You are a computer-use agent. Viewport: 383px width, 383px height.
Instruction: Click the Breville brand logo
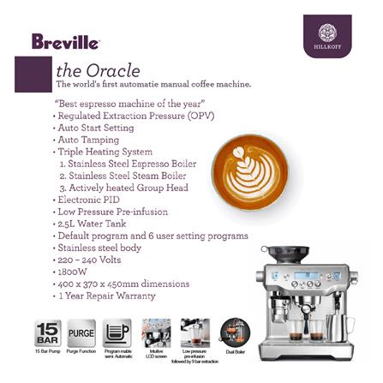tap(65, 40)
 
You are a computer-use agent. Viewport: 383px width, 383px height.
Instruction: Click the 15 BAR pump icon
tap(48, 330)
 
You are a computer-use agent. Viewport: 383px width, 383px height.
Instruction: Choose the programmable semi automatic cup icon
tap(117, 331)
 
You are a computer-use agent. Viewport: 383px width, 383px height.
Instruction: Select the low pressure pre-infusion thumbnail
tap(194, 331)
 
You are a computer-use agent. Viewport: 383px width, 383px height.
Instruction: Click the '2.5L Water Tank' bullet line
tap(93, 223)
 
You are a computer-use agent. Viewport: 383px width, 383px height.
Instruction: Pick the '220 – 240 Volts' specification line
tap(93, 258)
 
